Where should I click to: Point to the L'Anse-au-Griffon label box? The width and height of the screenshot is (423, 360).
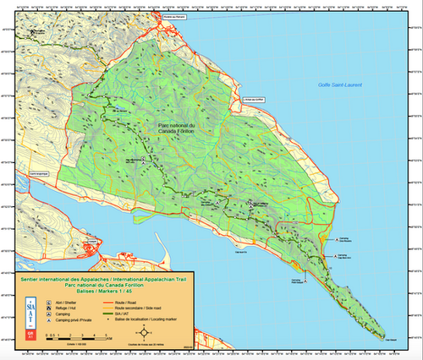point(254,101)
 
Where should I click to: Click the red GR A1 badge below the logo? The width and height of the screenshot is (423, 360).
point(30,335)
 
